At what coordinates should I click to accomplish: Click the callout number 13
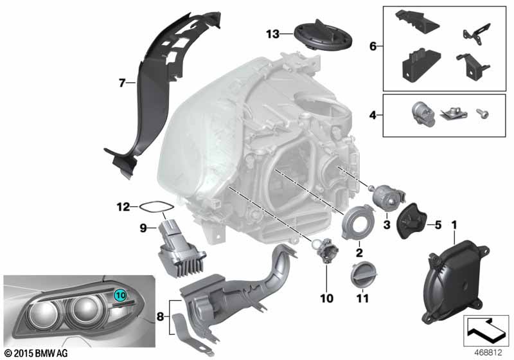[273, 33]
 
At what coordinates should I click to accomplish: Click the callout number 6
[373, 46]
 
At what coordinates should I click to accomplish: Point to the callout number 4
[373, 116]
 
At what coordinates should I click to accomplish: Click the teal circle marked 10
[121, 294]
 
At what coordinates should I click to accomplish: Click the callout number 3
[386, 224]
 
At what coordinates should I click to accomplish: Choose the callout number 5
[439, 224]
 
